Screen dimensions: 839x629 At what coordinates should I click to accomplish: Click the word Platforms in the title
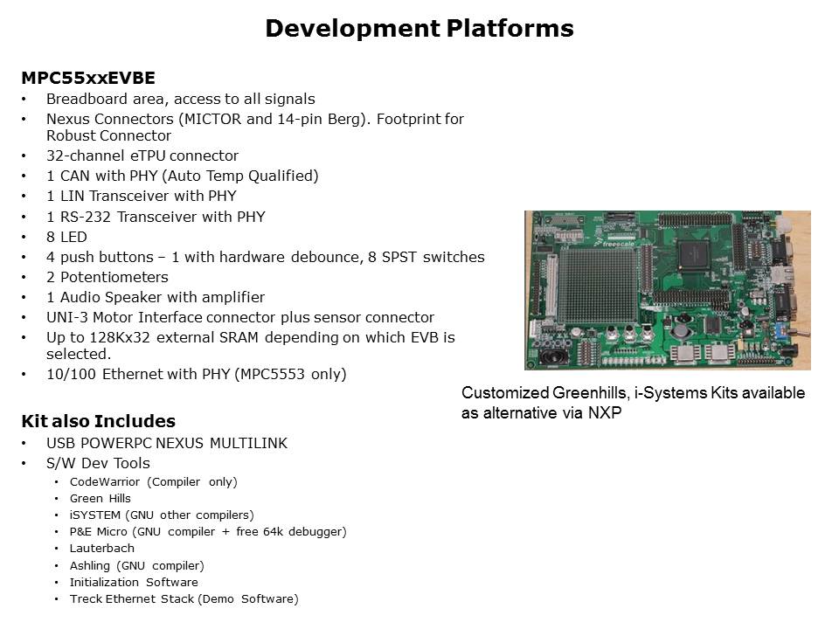tap(510, 28)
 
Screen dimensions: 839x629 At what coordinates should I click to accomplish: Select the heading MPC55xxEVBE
tap(88, 78)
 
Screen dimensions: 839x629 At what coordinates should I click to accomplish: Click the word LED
tap(73, 237)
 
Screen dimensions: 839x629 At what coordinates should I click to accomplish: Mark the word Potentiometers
tap(114, 277)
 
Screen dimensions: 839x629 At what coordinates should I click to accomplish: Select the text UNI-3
tap(67, 317)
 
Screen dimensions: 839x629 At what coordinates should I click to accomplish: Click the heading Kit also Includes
tap(99, 421)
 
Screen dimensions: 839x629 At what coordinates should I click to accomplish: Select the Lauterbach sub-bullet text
tap(101, 549)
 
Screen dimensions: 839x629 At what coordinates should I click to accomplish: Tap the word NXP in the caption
tap(605, 413)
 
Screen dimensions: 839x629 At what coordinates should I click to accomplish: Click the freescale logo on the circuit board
tap(617, 244)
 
